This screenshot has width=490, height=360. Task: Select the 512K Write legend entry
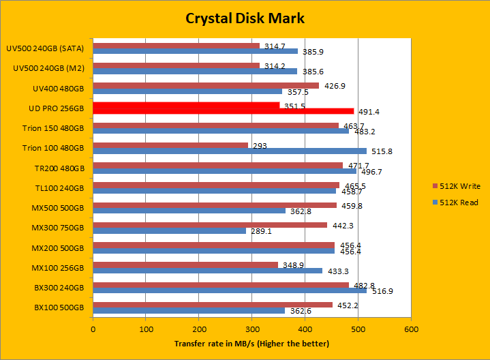tap(455, 185)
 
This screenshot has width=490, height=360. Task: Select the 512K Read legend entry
tap(455, 202)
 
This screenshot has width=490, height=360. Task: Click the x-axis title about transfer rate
tap(251, 344)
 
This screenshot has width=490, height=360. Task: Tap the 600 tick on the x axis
tap(411, 328)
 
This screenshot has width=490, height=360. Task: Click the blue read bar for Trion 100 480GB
tap(229, 151)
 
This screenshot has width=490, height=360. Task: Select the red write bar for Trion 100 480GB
tap(170, 145)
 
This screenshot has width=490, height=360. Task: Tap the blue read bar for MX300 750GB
tap(169, 230)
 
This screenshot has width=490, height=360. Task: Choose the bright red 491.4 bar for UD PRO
tap(223, 111)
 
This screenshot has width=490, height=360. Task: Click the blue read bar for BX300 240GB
tap(230, 290)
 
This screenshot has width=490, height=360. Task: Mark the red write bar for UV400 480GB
tap(206, 85)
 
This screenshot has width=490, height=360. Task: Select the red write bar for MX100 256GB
tap(185, 264)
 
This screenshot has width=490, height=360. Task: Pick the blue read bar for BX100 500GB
tap(189, 310)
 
